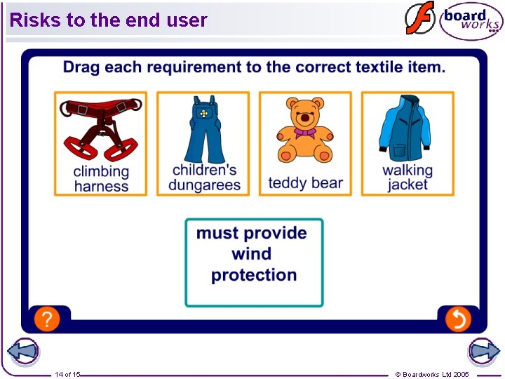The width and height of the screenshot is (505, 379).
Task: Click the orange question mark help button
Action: point(46,320)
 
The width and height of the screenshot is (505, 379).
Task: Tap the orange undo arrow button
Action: point(457,320)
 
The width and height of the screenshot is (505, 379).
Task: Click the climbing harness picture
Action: point(101,130)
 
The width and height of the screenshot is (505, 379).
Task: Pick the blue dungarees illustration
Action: point(203,131)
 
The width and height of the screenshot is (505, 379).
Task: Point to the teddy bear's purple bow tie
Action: point(304,132)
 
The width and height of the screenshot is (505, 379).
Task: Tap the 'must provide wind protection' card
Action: point(254,262)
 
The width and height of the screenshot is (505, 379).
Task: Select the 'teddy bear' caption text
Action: point(306,183)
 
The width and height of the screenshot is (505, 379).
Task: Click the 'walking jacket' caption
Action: point(408,178)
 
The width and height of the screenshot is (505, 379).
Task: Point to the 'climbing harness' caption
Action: point(101,178)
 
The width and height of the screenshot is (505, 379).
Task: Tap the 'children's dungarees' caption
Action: point(204,178)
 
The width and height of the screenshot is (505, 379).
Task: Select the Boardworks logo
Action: point(470,20)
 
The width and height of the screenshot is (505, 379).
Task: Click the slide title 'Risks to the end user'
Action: point(109,20)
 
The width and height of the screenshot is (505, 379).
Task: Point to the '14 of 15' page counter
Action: point(67,374)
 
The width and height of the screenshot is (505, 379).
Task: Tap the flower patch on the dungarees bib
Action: point(203,113)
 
